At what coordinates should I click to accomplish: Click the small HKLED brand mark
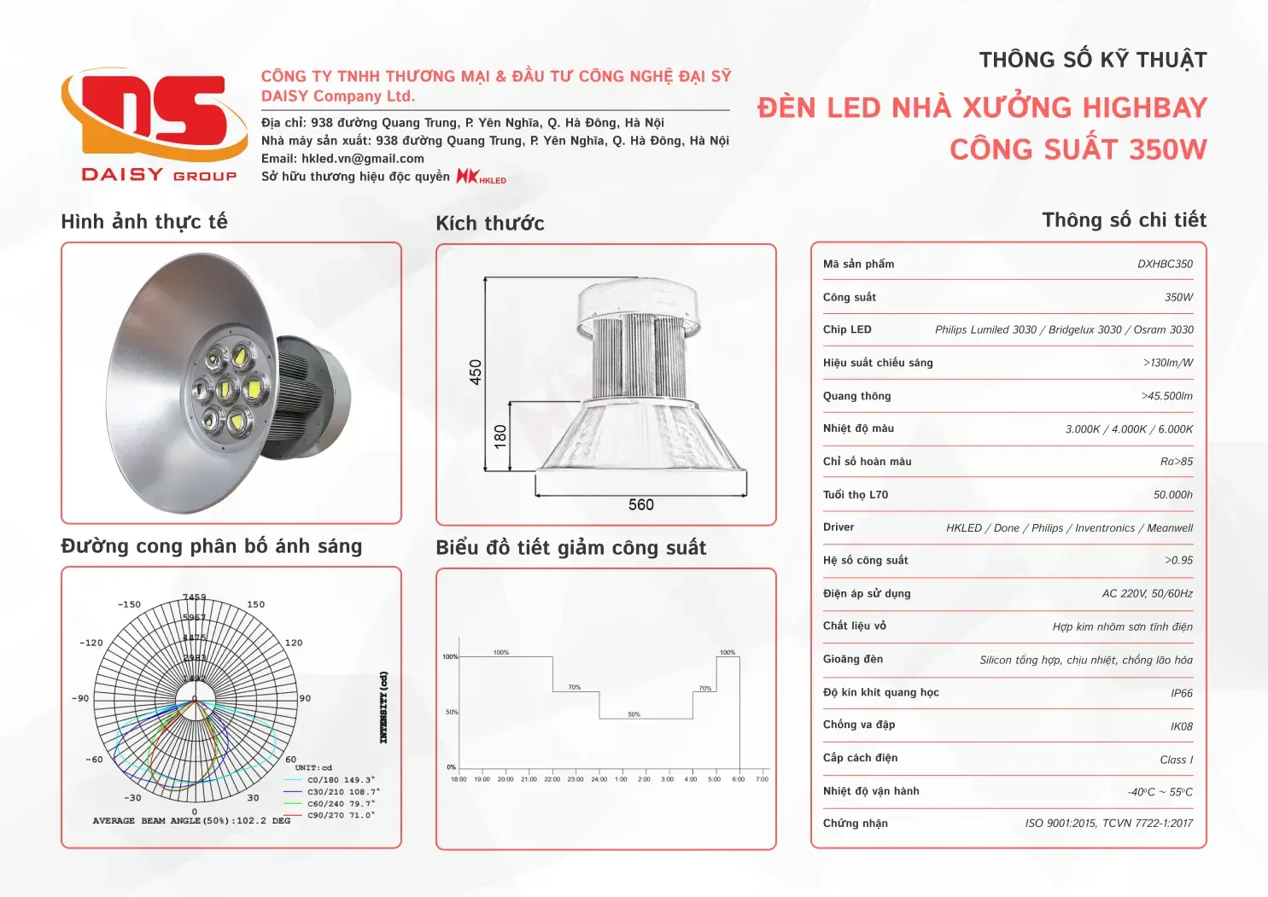(482, 177)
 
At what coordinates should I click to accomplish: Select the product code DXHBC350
(1165, 265)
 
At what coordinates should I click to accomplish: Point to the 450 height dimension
(476, 372)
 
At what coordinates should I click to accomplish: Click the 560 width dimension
(640, 505)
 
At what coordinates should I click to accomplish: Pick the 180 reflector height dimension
(500, 436)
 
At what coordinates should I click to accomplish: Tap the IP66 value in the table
(1182, 693)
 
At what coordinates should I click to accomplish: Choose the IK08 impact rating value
(1181, 726)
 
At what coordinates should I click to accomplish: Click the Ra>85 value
(1176, 462)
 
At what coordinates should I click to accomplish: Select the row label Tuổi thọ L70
(856, 495)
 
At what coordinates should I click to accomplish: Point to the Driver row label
(839, 527)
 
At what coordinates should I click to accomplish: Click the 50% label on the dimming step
(634, 714)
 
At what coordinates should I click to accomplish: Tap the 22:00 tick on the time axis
(552, 779)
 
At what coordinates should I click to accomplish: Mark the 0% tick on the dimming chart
(451, 767)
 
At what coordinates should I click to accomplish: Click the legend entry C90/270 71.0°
(340, 815)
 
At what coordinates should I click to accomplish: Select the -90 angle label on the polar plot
(80, 698)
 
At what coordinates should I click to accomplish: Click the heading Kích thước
(489, 224)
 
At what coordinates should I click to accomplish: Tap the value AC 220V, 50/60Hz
(1147, 594)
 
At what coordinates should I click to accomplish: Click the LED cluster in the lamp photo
(227, 389)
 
